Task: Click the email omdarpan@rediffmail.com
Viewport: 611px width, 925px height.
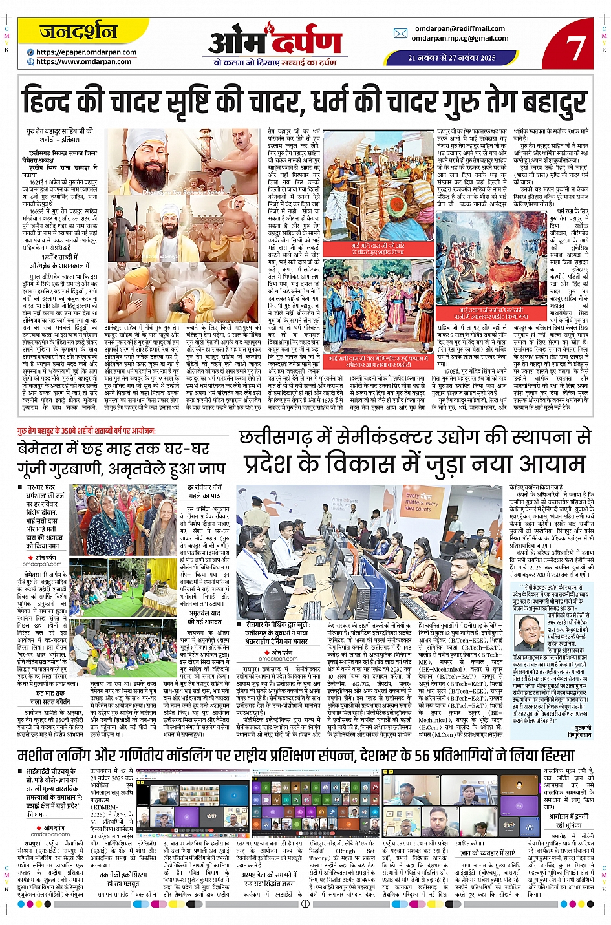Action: click(460, 28)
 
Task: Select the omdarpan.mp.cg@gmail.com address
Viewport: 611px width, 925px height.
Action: click(460, 38)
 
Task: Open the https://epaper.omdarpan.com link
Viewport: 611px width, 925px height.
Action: click(86, 52)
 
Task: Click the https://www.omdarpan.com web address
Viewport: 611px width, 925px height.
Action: click(83, 62)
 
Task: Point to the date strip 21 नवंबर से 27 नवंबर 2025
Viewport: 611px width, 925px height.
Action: click(452, 58)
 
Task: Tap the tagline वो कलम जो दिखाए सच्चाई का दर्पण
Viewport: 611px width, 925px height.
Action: click(275, 63)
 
